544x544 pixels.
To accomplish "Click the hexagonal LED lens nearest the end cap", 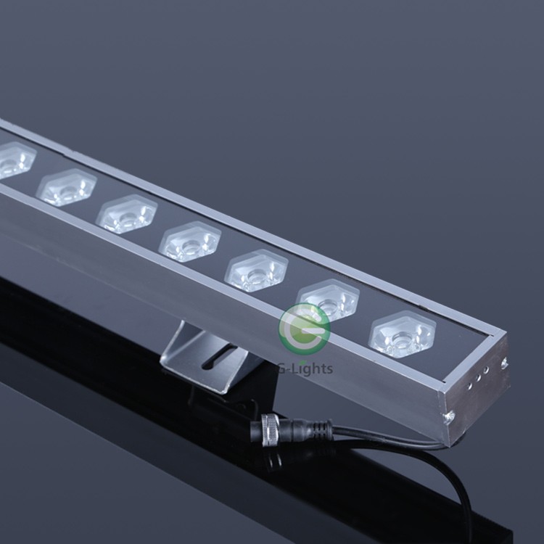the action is point(402,334).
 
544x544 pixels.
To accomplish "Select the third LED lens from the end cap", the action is point(256,271).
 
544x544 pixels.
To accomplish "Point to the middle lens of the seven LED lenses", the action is point(190,242).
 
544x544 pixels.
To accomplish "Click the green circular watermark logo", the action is point(304,329).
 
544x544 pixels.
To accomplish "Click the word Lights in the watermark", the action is point(310,368).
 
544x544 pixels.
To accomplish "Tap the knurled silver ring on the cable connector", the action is point(271,430).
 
